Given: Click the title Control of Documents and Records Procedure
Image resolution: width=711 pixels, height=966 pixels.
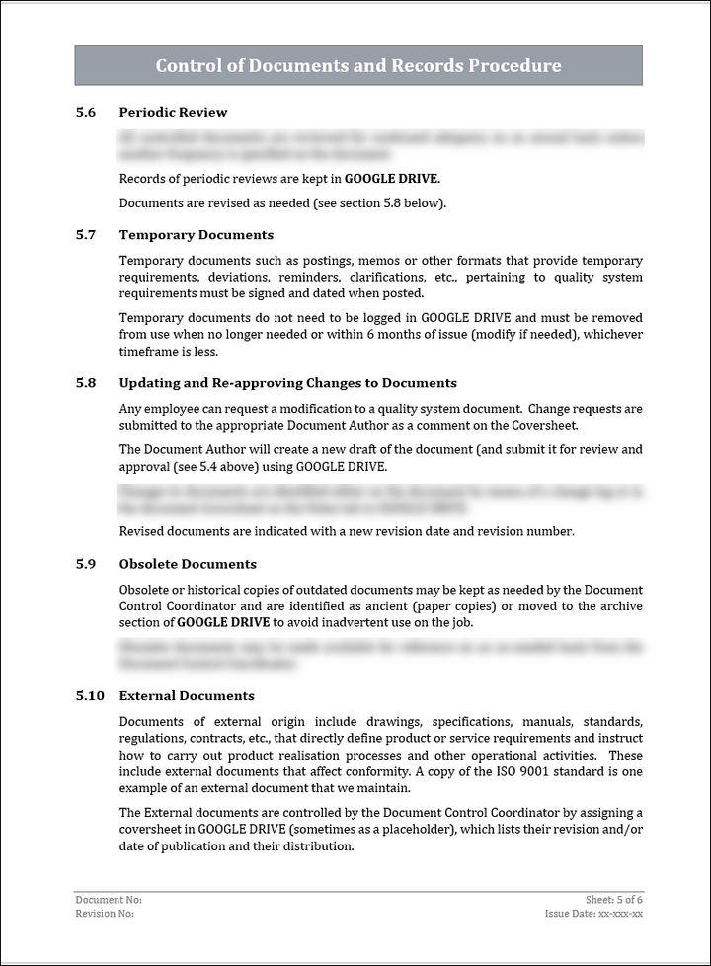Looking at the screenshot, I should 358,66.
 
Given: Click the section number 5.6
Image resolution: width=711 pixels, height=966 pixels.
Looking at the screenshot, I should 86,113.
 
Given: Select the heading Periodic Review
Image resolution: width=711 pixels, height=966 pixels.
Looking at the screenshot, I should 173,113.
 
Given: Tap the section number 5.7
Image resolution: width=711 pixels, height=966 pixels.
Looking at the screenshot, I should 86,235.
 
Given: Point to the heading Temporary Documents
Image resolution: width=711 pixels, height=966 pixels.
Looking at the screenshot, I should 196,235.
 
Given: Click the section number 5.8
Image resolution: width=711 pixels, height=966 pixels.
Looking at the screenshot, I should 86,383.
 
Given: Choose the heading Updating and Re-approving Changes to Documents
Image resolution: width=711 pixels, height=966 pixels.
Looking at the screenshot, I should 287,383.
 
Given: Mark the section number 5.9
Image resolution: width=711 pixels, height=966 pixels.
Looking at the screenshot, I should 86,565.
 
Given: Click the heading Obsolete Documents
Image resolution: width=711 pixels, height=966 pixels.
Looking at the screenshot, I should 188,565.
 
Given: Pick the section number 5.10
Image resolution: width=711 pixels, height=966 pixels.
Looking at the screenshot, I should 90,696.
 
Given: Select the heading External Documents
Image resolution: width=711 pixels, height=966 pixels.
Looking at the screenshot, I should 187,696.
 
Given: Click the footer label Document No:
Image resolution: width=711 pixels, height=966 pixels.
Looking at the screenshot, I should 109,900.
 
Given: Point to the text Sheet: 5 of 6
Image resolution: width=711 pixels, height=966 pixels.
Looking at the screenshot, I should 614,900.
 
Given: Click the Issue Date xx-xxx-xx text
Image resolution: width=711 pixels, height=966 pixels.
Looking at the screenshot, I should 594,914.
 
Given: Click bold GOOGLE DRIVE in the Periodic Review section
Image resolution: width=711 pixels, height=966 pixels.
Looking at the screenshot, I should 392,179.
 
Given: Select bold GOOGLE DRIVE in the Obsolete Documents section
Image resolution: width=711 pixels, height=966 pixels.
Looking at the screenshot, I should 224,622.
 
